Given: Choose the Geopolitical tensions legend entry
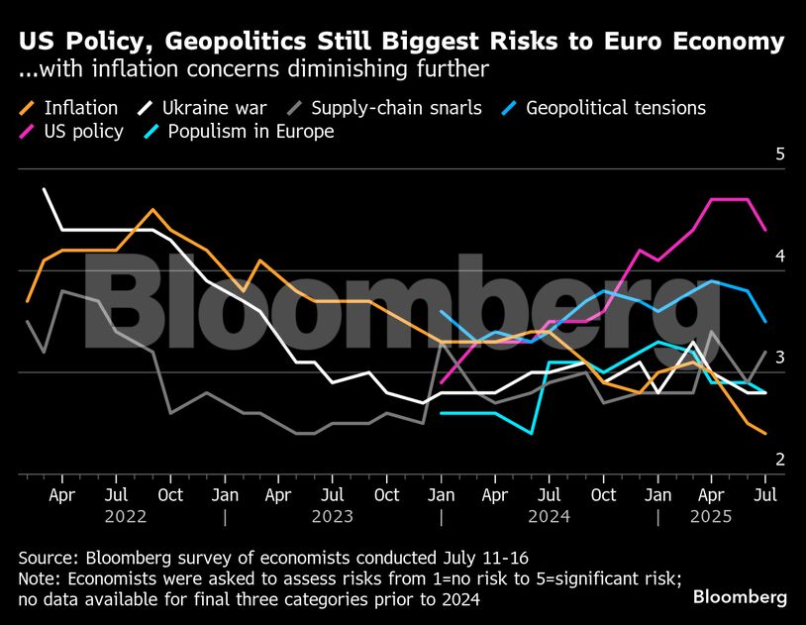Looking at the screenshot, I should click(x=615, y=108).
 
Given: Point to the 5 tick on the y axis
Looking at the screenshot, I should click(x=779, y=155).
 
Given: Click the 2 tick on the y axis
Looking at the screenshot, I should click(x=779, y=460).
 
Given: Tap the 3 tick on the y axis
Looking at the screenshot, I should click(x=779, y=358).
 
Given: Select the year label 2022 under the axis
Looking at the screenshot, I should click(x=126, y=517).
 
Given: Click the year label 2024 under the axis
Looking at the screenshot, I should click(x=549, y=517).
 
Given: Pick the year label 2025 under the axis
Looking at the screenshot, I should click(x=711, y=517).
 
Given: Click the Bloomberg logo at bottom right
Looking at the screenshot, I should click(x=740, y=596).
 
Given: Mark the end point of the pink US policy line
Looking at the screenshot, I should click(x=764, y=230).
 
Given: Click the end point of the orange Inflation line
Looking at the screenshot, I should click(x=764, y=433).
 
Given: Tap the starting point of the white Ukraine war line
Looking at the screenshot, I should click(x=45, y=189).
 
